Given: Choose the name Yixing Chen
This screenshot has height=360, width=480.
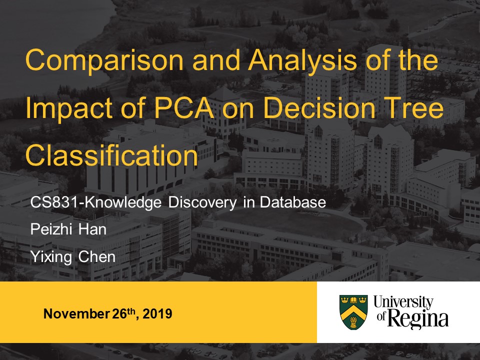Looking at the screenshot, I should coord(73,257).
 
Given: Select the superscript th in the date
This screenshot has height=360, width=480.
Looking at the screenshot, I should coord(130,311).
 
